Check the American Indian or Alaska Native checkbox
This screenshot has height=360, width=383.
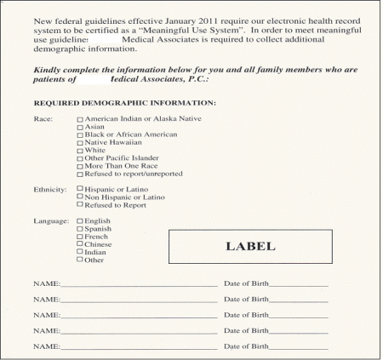(80, 119)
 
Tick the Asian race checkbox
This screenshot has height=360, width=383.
(80, 127)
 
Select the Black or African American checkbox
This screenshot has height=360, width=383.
(80, 134)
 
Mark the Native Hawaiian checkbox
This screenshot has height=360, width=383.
(80, 142)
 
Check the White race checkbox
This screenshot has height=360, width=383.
(80, 151)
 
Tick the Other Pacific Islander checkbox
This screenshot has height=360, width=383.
(80, 158)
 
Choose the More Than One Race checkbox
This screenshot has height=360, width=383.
(80, 166)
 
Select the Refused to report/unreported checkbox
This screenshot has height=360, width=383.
(80, 174)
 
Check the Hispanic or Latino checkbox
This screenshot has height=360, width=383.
(80, 189)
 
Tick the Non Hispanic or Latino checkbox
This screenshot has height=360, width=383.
(80, 197)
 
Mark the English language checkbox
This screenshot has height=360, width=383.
(80, 221)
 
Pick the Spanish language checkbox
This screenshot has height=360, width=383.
(80, 229)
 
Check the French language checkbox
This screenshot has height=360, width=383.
(80, 237)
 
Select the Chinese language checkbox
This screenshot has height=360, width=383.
(80, 244)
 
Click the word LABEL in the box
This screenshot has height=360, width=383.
(249, 247)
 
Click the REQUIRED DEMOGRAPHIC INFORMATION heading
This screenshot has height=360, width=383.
(124, 103)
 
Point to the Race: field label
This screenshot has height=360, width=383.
(43, 119)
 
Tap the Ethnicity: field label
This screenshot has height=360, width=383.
(49, 189)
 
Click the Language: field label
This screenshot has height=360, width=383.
(50, 221)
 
